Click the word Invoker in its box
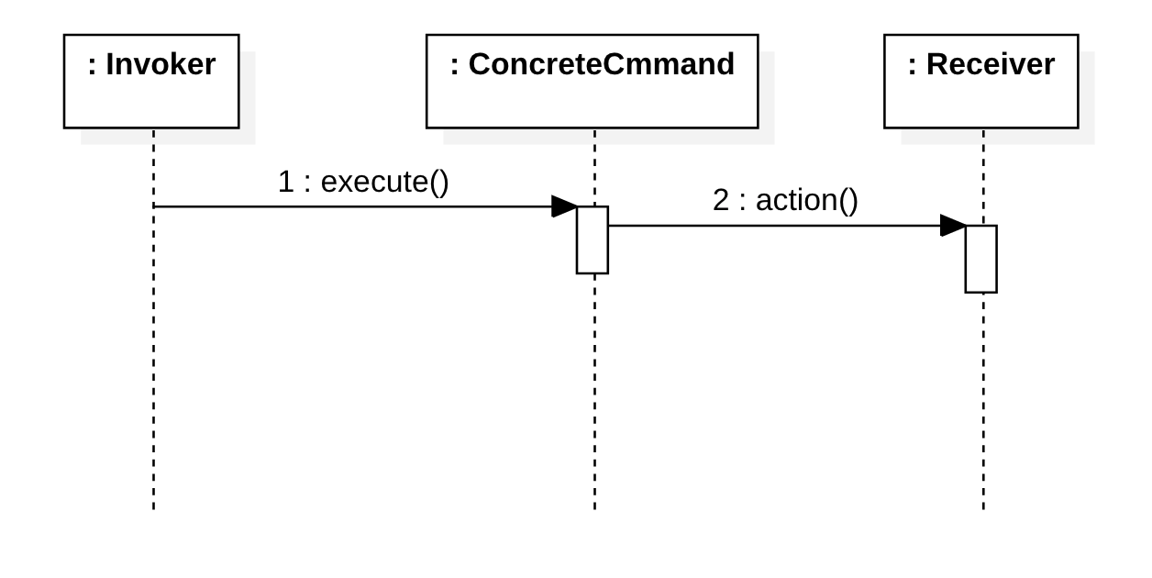(161, 64)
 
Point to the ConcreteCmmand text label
(601, 64)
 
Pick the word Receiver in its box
(990, 64)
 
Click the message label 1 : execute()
(363, 182)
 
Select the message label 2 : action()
(785, 200)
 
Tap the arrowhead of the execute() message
(564, 206)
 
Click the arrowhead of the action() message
(953, 226)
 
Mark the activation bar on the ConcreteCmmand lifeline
(593, 240)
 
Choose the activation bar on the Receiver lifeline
(980, 260)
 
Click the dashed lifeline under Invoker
(153, 367)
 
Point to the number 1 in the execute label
(285, 182)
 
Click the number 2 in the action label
(721, 200)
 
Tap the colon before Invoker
(92, 65)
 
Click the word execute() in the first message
(385, 182)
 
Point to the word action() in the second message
(807, 200)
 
